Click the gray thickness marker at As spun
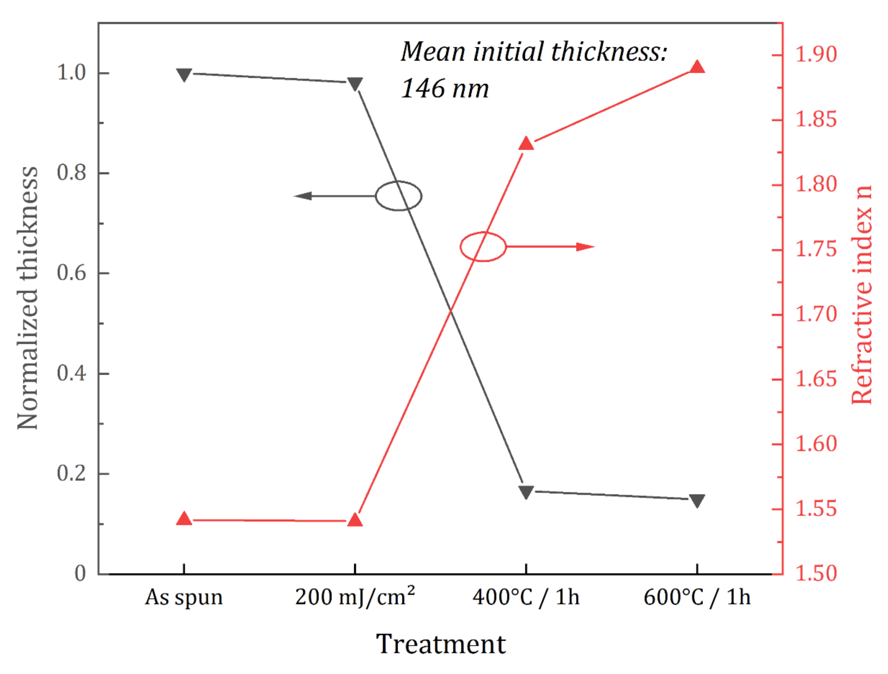[184, 75]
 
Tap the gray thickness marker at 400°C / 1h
[526, 492]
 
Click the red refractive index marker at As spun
[184, 519]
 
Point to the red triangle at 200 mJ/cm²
[355, 520]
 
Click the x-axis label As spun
[184, 597]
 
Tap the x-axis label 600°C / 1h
[697, 597]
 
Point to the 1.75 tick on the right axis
[816, 249]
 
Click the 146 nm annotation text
[445, 88]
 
